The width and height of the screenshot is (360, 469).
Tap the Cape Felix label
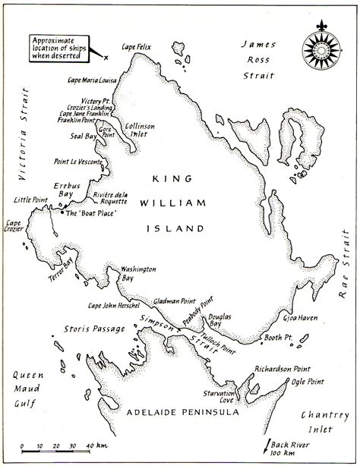(x=139, y=48)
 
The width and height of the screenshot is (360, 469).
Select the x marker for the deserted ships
(x=107, y=58)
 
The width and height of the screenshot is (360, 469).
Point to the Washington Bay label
(x=139, y=273)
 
